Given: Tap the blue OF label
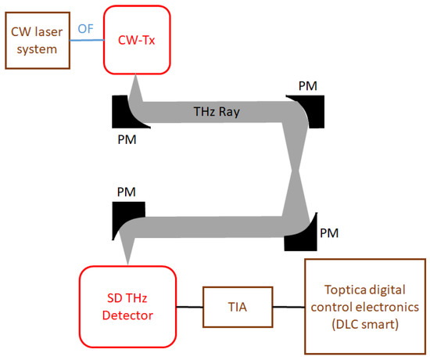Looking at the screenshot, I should click(x=86, y=29).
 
